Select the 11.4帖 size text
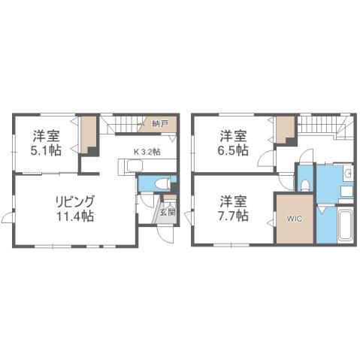(73, 216)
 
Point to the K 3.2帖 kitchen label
(147, 151)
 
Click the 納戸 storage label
(159, 123)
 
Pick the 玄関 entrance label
(168, 212)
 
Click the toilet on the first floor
(155, 183)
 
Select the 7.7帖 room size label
(234, 216)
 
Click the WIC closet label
(293, 219)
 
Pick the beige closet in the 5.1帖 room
(89, 134)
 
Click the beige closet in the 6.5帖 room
(284, 132)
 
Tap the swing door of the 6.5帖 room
(268, 159)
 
